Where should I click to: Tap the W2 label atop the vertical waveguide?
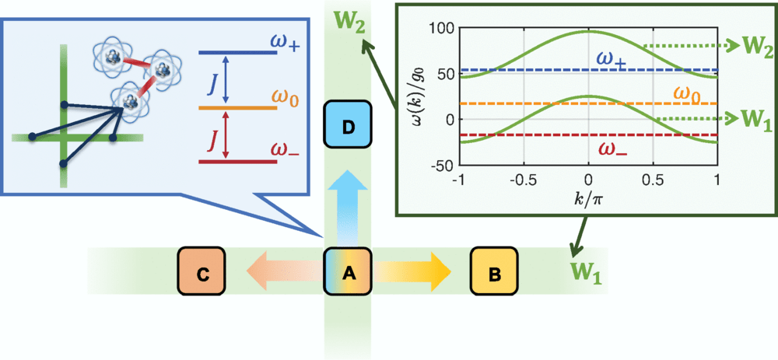(x=347, y=19)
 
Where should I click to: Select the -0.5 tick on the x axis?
(x=523, y=177)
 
